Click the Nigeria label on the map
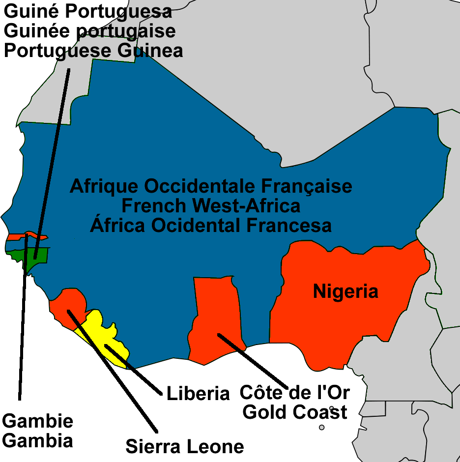pyautogui.click(x=345, y=292)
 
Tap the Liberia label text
pyautogui.click(x=198, y=394)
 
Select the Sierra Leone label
pyautogui.click(x=184, y=447)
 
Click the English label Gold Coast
pyautogui.click(x=295, y=412)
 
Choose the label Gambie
pyautogui.click(x=38, y=421)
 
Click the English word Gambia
pyautogui.click(x=38, y=440)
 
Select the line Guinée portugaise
pyautogui.click(x=90, y=31)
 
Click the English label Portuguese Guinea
pyautogui.click(x=93, y=51)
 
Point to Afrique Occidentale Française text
pyautogui.click(x=211, y=187)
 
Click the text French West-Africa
pyautogui.click(x=211, y=205)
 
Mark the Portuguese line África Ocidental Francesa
pyautogui.click(x=211, y=225)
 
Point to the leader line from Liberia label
pyautogui.click(x=133, y=370)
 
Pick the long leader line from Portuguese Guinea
pyautogui.click(x=52, y=162)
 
